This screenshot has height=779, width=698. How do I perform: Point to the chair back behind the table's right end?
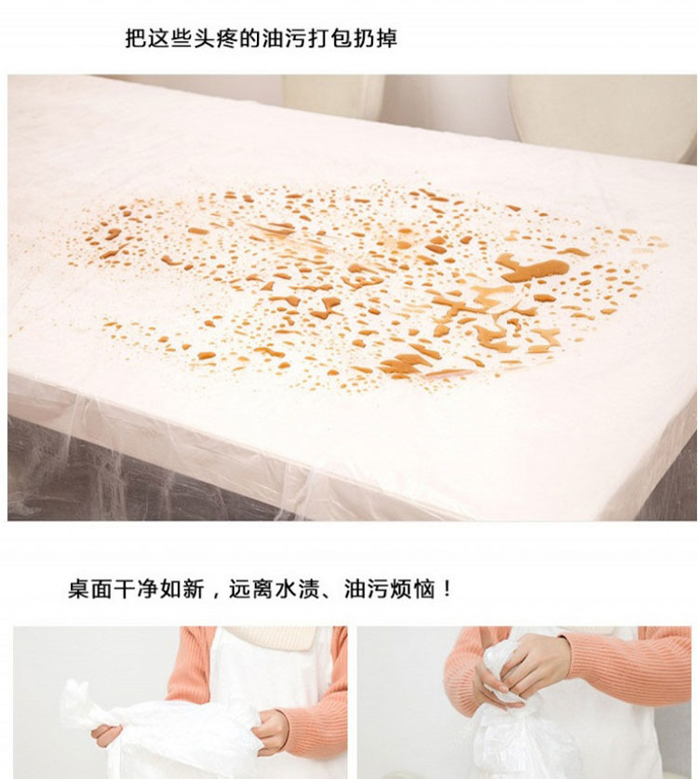[x=604, y=115]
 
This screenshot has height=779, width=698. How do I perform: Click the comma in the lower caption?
[x=216, y=594]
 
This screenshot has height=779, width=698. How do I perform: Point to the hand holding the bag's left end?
[x=106, y=734]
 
